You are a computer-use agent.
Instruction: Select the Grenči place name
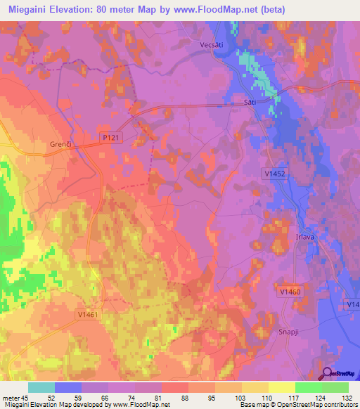[x=61, y=144]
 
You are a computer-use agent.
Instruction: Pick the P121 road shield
[x=111, y=138]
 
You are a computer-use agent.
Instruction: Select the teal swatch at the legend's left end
[x=41, y=387]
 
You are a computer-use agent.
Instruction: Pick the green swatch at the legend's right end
[x=335, y=387]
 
